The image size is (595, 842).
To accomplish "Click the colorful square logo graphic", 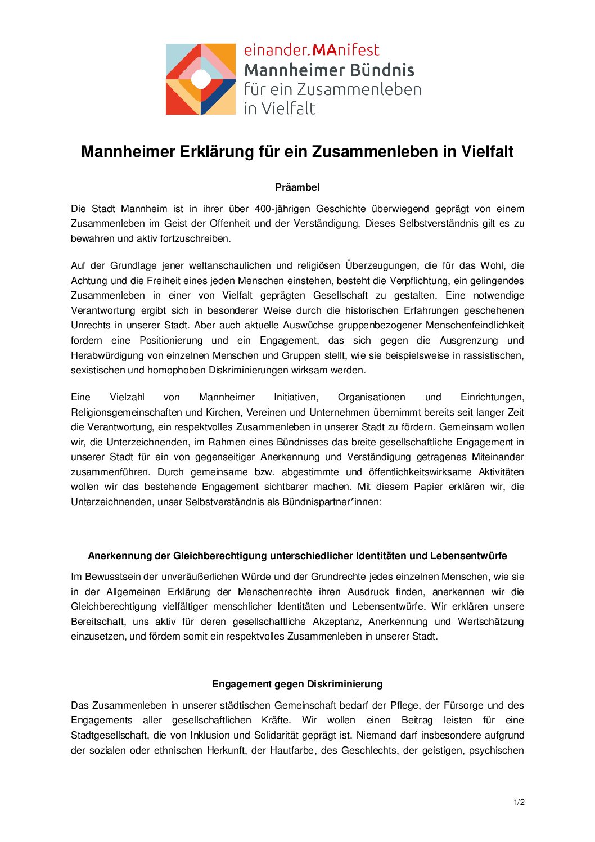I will [200, 79].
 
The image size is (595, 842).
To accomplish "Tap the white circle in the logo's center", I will [200, 79].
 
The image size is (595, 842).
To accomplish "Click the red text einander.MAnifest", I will [312, 50].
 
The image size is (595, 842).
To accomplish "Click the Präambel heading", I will [297, 187].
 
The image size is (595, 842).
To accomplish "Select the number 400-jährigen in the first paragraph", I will [280, 209].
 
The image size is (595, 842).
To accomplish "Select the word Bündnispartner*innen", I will [331, 502].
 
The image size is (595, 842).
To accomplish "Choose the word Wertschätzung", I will [490, 622].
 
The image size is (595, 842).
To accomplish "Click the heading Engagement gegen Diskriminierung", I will [297, 684].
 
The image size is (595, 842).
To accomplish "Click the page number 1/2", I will [519, 802].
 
